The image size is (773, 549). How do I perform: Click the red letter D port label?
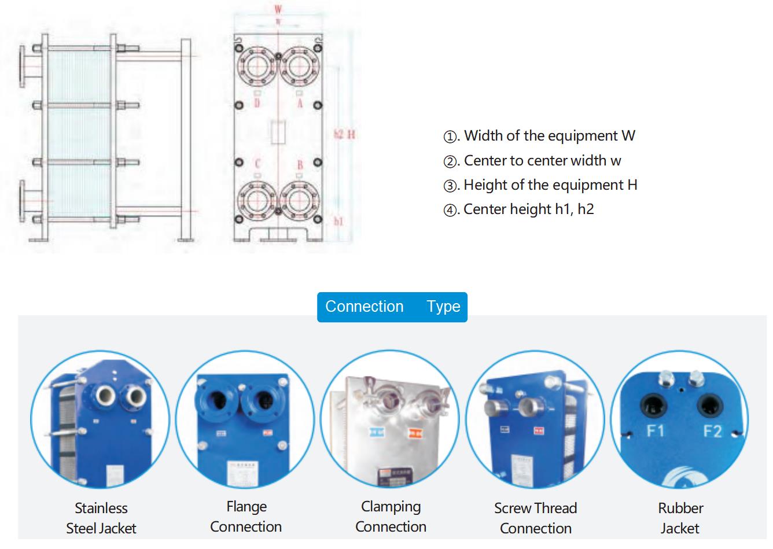(257, 103)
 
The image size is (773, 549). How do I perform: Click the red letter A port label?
(300, 103)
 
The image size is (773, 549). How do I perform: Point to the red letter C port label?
(258, 164)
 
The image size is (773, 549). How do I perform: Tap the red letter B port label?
(300, 165)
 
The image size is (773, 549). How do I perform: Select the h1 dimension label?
(339, 221)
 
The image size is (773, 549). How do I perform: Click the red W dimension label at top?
(278, 10)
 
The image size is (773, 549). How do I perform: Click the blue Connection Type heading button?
(392, 307)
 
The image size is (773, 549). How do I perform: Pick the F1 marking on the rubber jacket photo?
(655, 430)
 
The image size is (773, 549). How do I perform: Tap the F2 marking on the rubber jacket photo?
(712, 430)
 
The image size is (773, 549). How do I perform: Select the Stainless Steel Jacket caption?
(101, 518)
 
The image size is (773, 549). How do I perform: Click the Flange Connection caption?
(246, 517)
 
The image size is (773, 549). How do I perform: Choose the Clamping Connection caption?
(391, 517)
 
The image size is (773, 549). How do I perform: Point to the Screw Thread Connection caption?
(535, 518)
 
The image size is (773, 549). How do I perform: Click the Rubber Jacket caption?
(680, 518)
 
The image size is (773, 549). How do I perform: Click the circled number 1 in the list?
(450, 137)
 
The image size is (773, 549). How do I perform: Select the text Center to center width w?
(543, 160)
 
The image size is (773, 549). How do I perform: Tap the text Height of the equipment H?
(550, 185)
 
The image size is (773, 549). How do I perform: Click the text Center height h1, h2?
(529, 209)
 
